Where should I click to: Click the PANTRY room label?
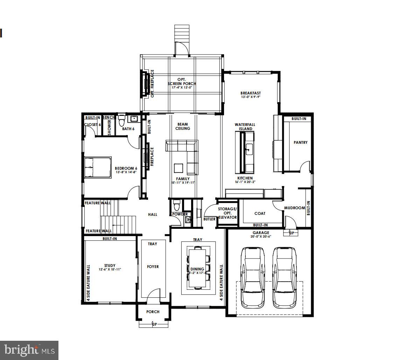coord(301,142)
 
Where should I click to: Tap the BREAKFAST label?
coord(251,93)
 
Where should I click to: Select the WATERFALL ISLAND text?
coord(245,127)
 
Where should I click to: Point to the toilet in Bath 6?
coord(122,121)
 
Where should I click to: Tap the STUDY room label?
coord(110,266)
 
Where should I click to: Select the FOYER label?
coord(153,267)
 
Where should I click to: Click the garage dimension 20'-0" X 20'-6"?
coord(261,237)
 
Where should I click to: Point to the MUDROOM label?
coord(294,208)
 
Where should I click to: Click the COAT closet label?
coord(260,213)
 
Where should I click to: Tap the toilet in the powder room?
coord(176,204)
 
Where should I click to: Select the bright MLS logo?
coord(29,350)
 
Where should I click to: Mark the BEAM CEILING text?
coord(182,126)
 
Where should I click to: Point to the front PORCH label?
coord(153,312)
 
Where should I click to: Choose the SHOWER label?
coord(109,127)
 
